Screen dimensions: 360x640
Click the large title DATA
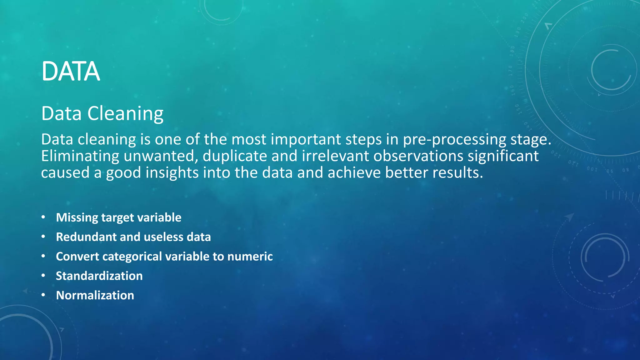71,72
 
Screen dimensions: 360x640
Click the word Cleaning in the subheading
125,113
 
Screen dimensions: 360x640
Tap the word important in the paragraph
305,139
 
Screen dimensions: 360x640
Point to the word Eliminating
80,156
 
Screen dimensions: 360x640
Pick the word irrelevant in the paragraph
335,156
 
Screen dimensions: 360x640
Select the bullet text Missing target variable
118,218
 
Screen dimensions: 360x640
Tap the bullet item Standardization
99,276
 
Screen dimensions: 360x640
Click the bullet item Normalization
95,295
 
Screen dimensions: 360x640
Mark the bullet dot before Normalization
43,295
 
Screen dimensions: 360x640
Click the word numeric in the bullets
250,257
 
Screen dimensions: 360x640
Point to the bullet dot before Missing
43,217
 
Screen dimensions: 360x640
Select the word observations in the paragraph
418,156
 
